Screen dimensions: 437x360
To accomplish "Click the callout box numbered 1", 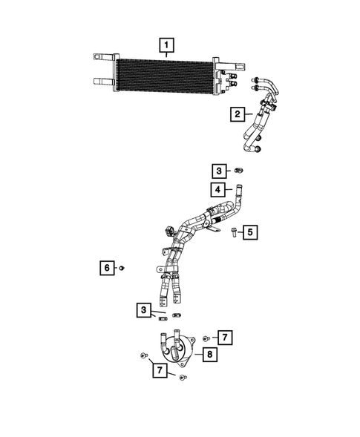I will pos(167,45).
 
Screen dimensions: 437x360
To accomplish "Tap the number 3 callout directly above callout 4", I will pos(219,170).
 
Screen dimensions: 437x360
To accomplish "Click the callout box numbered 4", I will pos(219,189).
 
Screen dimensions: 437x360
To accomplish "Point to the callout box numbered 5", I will pos(250,233).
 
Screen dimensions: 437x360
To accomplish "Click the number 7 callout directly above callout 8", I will pos(225,338).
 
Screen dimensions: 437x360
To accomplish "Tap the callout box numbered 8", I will pos(211,355).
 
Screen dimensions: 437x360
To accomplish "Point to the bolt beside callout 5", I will pos(232,233).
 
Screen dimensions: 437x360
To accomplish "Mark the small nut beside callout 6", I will pos(122,267).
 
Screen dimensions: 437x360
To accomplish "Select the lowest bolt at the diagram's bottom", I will pos(183,378).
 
